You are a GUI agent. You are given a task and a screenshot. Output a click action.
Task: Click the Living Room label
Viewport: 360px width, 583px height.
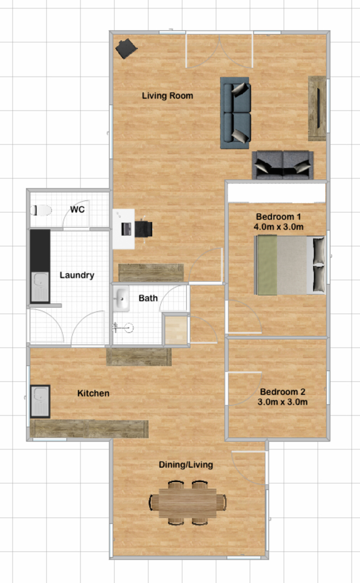[167, 96]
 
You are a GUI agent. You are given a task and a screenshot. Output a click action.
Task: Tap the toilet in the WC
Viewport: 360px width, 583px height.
[41, 210]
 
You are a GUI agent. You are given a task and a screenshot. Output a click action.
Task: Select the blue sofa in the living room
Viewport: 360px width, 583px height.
[235, 113]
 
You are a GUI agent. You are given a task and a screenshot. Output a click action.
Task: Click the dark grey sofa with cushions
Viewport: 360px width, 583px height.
[283, 165]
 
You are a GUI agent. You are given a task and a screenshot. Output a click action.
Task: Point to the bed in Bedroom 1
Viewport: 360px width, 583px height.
[290, 265]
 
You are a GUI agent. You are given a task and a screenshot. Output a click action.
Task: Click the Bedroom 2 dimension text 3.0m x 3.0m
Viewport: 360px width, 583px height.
[283, 402]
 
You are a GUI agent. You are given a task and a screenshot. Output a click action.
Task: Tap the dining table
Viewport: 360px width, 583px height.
[187, 503]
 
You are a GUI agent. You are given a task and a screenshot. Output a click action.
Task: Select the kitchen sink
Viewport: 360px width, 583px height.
[40, 401]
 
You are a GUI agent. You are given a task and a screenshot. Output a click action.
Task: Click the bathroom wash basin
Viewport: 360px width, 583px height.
[121, 299]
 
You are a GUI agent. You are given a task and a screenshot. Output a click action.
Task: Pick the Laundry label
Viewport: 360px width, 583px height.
[77, 275]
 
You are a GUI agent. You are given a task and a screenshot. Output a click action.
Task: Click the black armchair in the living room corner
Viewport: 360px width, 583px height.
[126, 49]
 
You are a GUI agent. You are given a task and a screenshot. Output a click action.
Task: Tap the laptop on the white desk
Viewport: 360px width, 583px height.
[126, 229]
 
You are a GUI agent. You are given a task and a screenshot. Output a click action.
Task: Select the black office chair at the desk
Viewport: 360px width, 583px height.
[144, 229]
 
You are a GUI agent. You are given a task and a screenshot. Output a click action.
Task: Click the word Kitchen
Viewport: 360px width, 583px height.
[93, 393]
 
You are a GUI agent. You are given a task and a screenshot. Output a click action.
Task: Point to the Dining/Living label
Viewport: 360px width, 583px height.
[186, 465]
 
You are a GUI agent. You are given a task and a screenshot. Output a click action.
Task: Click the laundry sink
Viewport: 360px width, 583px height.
[40, 287]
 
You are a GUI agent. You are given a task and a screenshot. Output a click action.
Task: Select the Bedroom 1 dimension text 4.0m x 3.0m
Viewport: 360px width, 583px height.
[279, 227]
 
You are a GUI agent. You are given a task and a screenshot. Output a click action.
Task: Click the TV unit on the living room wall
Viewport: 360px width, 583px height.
[317, 108]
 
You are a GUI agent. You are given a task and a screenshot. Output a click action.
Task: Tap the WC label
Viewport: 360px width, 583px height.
[77, 210]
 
